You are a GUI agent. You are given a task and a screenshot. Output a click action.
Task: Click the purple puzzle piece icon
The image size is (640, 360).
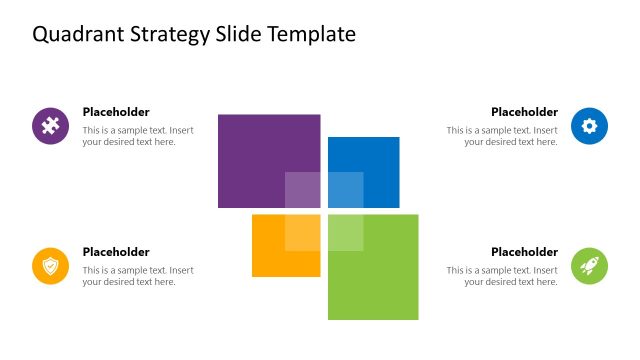pos(50,126)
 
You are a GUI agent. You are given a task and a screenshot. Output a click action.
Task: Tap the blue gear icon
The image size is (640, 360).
pos(589,126)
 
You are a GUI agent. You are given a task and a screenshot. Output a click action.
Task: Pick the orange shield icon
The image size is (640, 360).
pos(50,266)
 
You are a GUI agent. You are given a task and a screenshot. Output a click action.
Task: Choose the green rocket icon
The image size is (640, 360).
pos(589,266)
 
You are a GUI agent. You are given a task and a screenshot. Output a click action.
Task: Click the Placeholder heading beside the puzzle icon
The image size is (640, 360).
pos(116,112)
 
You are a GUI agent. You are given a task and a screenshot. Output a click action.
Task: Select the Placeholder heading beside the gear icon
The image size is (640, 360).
pos(524,112)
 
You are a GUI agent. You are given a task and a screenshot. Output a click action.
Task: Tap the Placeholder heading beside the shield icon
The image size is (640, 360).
pos(116,252)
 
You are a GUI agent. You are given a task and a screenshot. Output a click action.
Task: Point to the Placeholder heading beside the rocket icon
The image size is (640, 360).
pos(524,252)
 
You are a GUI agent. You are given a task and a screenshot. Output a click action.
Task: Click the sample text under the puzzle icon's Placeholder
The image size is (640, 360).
pos(138,136)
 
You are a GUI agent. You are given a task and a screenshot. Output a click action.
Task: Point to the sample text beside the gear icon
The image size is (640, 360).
pos(502,136)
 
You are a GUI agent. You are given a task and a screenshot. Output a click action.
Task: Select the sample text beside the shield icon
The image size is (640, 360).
pos(138,276)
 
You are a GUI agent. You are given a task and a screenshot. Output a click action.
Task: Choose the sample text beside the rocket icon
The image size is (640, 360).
pos(502,276)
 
